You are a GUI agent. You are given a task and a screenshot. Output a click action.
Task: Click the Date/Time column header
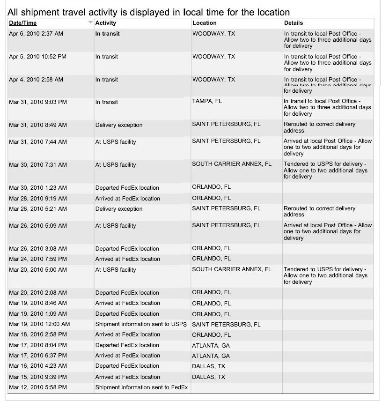[23, 23]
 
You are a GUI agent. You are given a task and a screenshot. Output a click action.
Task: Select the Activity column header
[105, 23]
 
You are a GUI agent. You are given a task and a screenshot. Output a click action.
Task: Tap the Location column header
[205, 23]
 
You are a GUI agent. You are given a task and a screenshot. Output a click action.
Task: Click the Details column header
[294, 23]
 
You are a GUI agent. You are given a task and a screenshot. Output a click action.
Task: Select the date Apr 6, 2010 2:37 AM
[36, 34]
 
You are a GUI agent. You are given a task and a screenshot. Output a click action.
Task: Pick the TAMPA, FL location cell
[207, 101]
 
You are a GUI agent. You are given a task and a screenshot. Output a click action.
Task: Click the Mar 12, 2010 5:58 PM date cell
[38, 387]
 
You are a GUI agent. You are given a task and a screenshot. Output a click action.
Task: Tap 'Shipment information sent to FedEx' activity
[141, 387]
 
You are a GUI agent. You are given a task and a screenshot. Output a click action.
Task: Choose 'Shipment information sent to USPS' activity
[141, 324]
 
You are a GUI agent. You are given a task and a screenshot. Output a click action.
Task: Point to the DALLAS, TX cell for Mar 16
[208, 366]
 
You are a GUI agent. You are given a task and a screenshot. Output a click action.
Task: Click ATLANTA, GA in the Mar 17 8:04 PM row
[211, 345]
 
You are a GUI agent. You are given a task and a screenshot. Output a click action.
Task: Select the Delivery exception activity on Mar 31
[119, 125]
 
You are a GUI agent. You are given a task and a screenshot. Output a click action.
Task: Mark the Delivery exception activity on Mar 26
[119, 209]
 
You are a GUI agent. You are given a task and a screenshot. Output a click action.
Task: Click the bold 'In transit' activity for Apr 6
[108, 34]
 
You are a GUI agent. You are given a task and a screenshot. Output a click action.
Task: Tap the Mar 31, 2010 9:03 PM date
[38, 102]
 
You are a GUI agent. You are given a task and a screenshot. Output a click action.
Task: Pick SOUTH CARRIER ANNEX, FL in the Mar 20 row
[232, 269]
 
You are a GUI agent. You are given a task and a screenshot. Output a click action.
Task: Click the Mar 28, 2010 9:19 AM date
[38, 198]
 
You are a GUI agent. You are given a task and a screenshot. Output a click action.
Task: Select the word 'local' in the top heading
[193, 12]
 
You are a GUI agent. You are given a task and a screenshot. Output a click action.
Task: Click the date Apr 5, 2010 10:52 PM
[37, 57]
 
